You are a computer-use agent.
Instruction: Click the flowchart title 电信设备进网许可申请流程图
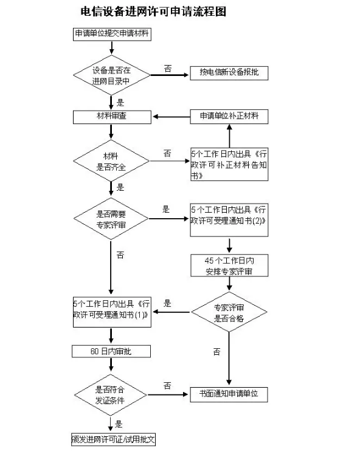click(x=153, y=12)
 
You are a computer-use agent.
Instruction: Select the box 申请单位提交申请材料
click(x=112, y=34)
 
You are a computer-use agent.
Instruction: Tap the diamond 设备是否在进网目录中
click(x=111, y=75)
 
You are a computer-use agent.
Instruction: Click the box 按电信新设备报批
click(x=229, y=73)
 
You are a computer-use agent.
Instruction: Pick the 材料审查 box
click(x=112, y=117)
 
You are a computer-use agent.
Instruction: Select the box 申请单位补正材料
click(x=229, y=117)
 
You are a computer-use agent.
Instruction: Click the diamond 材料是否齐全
click(x=111, y=161)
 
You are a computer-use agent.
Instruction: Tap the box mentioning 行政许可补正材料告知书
click(x=229, y=164)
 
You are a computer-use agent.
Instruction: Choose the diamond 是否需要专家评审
click(x=111, y=219)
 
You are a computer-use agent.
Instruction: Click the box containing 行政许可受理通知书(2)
click(x=229, y=220)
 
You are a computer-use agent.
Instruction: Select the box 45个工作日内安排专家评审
click(x=229, y=266)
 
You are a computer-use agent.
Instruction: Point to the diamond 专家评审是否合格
click(x=229, y=312)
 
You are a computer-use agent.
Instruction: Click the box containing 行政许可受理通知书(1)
click(x=112, y=312)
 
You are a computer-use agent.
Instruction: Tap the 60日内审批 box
click(x=111, y=351)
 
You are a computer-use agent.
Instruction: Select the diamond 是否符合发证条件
click(x=111, y=395)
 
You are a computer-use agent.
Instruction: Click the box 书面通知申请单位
click(x=229, y=394)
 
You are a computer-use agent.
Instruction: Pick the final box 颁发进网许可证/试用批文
click(x=113, y=439)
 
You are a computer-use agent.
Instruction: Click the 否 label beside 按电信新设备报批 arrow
click(x=168, y=69)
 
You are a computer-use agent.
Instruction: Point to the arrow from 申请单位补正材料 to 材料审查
click(x=171, y=117)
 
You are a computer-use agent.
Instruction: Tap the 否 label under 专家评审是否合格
click(x=216, y=352)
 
